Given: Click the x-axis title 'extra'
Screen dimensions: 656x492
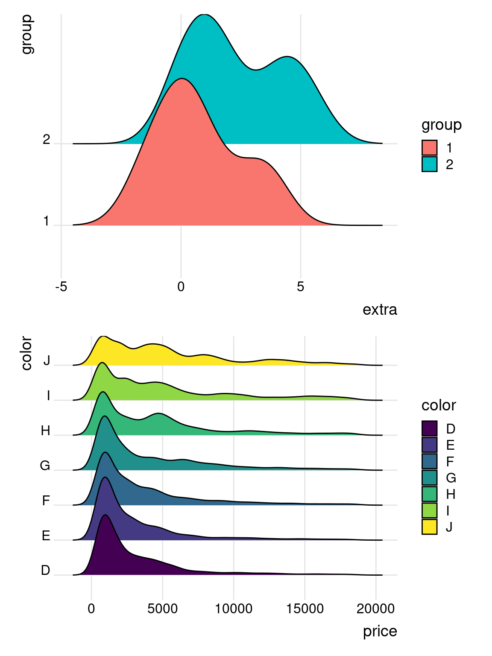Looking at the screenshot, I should coord(380,310).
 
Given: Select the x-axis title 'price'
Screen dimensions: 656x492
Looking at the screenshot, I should coord(380,631).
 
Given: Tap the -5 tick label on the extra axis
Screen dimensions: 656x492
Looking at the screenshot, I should coord(61,287).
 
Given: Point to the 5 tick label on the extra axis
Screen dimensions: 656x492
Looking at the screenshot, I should coord(301,287).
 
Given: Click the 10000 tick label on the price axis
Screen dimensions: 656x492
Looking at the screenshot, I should coord(233,609).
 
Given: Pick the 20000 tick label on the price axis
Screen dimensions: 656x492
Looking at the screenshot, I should coord(375,609).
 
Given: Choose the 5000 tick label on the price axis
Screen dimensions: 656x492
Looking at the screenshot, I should coord(162,609).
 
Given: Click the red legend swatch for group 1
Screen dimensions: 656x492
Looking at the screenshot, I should coord(429,148).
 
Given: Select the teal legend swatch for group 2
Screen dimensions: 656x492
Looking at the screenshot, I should coord(429,164).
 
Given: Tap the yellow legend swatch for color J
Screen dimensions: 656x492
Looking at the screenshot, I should coord(429,527).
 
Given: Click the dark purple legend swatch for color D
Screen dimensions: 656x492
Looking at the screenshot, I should coord(429,428).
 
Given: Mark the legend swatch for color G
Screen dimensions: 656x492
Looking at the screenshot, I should coord(429,477).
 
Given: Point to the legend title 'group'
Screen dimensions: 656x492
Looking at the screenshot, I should coord(441,125).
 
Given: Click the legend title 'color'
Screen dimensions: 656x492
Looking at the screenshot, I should coord(439,405).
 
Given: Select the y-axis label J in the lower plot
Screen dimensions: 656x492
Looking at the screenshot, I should coord(47,361).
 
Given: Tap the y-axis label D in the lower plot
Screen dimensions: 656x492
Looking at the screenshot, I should coord(46,570).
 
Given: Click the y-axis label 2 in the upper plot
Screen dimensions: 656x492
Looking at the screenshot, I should coord(47,140).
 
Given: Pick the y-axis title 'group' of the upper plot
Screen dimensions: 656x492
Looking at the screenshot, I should coord(26,34).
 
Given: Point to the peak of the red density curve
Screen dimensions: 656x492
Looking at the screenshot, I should coord(182,79).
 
